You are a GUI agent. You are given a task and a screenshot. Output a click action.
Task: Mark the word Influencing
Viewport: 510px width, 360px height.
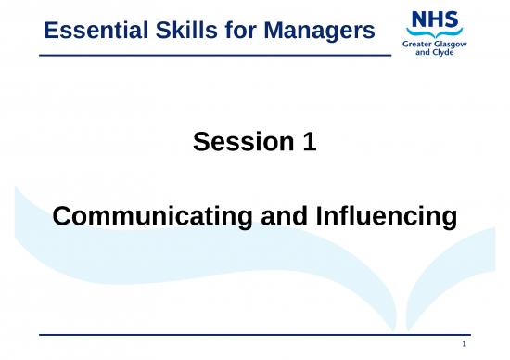coord(384,216)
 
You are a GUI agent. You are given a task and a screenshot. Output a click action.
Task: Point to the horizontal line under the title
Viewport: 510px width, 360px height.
coord(212,57)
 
